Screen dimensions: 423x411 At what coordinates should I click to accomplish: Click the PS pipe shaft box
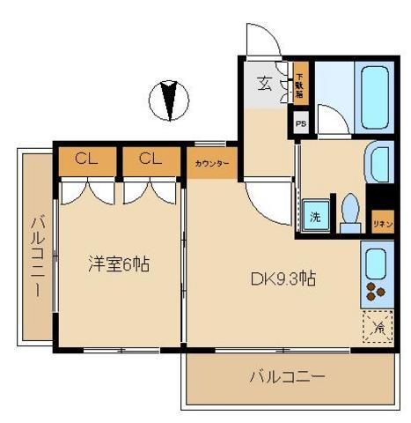[301, 123]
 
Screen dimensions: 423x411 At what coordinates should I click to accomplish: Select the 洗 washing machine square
[313, 214]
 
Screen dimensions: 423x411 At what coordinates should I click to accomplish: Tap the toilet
[350, 212]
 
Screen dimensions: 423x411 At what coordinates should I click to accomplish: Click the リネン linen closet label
[381, 223]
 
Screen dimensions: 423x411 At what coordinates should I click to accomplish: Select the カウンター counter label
[211, 163]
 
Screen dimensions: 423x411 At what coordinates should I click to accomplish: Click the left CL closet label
[85, 160]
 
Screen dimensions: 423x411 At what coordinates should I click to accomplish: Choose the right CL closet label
[149, 160]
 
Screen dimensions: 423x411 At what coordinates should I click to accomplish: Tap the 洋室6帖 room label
[117, 263]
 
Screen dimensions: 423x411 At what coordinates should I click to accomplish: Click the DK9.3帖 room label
[283, 279]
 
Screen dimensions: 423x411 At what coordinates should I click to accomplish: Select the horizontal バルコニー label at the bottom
[286, 376]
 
